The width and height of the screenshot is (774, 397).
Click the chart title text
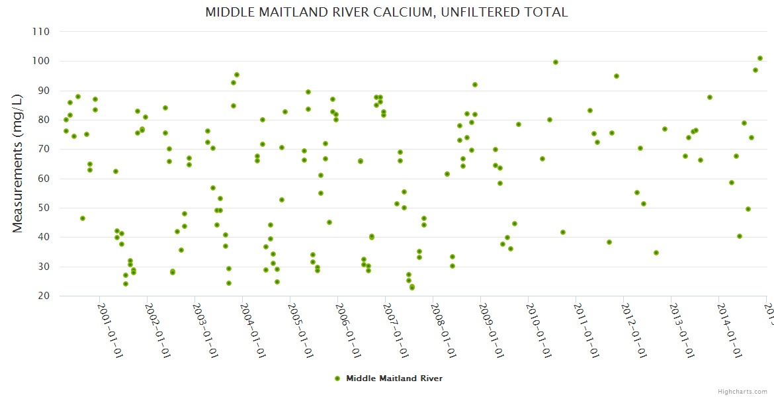tap(386, 12)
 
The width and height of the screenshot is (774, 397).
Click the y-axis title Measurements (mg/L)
tap(18, 163)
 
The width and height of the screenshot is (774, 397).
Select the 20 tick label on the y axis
tap(44, 296)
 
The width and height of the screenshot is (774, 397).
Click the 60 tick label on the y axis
tap(44, 179)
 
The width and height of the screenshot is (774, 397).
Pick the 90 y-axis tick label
tap(44, 91)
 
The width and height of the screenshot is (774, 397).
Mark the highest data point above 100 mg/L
tap(760, 58)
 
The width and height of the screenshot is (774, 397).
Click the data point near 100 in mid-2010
tap(556, 62)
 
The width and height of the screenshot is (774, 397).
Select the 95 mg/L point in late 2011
tap(617, 76)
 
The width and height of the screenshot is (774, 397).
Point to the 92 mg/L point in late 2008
tap(475, 85)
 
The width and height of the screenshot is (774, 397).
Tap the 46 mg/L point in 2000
tap(83, 218)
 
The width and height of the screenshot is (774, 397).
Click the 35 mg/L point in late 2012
tap(656, 253)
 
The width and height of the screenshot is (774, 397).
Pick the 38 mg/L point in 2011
tap(609, 242)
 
